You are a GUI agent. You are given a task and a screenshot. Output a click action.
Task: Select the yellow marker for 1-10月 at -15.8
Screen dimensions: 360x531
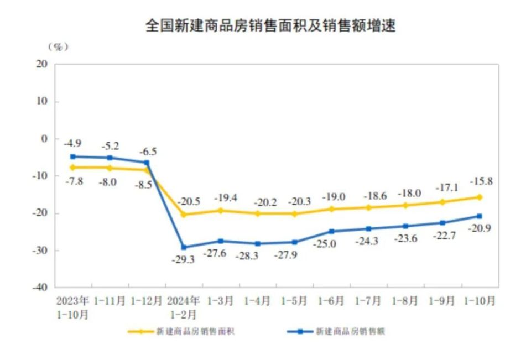click(479, 197)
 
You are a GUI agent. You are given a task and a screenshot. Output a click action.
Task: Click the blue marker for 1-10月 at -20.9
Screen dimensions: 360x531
click(479, 216)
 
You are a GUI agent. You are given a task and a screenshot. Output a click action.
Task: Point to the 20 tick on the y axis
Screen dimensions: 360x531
click(43, 64)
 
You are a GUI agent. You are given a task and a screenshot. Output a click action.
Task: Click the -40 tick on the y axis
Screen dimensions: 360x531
click(40, 288)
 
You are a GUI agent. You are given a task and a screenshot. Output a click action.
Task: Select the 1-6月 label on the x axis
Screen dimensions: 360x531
click(331, 301)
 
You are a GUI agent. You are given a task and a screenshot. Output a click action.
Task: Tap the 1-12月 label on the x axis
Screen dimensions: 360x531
click(147, 301)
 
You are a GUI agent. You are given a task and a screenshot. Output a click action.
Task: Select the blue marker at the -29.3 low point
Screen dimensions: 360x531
click(184, 247)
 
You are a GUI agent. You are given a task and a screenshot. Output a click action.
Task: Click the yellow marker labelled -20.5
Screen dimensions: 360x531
click(184, 215)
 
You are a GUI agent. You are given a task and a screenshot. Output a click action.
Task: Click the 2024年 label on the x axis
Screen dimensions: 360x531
click(183, 301)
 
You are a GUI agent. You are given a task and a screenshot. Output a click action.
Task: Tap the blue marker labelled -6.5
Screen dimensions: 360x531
click(147, 163)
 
